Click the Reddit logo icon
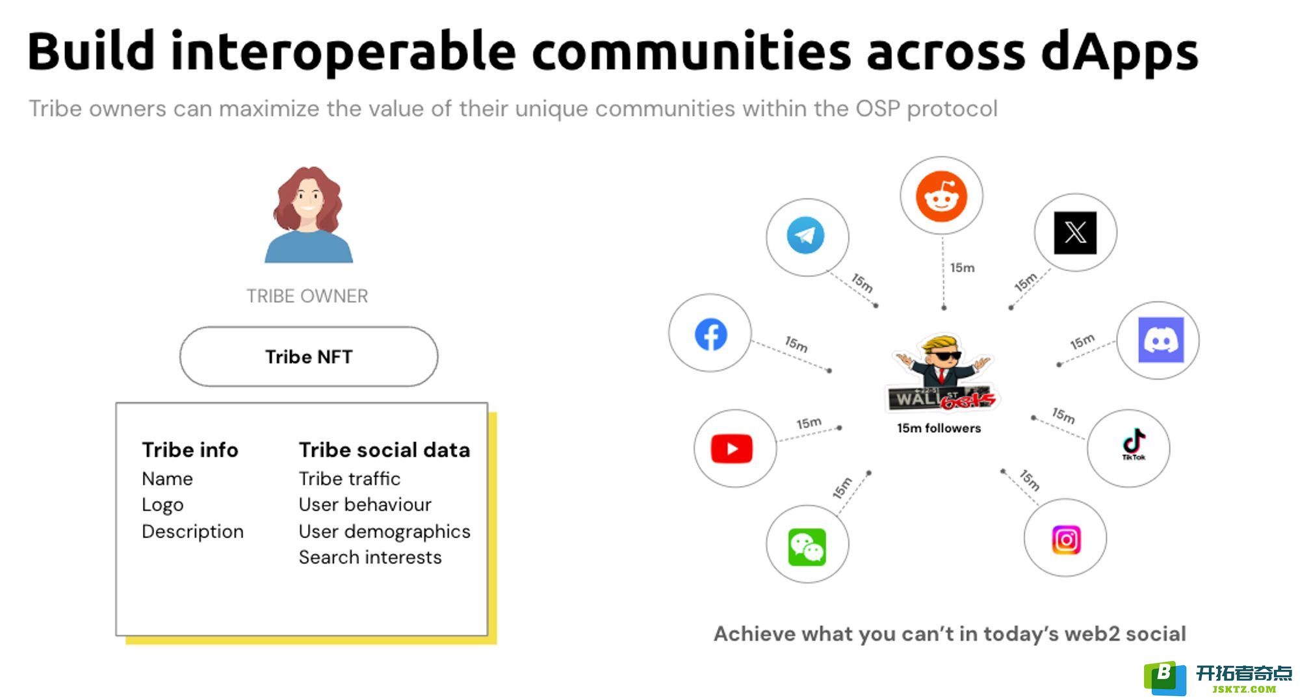coord(941,196)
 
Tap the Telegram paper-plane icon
coord(806,235)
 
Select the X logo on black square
coord(1075,233)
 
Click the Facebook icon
coord(710,334)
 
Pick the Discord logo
coord(1161,340)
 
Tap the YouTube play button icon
coord(732,448)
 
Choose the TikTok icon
coord(1134,444)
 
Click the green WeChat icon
coord(807,547)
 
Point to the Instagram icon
coord(1066,539)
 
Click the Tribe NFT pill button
coord(309,357)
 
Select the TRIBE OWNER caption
coord(307,296)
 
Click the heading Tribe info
coord(190,450)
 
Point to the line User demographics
coord(384,532)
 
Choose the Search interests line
coord(370,558)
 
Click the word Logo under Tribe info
coord(162,506)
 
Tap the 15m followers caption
coord(939,428)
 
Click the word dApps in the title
coord(1119,52)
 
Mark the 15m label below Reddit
coord(962,268)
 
